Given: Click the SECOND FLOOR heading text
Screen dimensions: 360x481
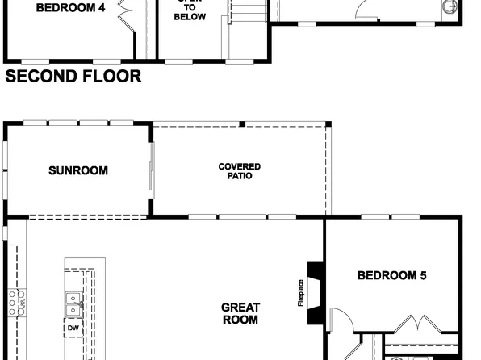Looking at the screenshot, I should click(73, 77).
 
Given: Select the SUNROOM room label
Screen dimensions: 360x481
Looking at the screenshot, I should click(77, 170).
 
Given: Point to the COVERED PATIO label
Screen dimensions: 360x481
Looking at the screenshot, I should click(240, 170).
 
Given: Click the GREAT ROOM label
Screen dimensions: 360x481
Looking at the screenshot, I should click(240, 313).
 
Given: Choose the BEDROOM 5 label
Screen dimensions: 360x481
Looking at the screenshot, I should click(391, 276).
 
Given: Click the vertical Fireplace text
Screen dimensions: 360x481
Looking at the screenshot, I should click(301, 292).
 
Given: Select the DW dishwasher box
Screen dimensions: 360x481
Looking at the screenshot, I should click(73, 329).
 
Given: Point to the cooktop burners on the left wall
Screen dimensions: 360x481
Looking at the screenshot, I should click(13, 303).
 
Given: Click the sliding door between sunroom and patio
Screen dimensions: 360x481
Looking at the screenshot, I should click(151, 170).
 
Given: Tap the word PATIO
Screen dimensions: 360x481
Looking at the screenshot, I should click(240, 175).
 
